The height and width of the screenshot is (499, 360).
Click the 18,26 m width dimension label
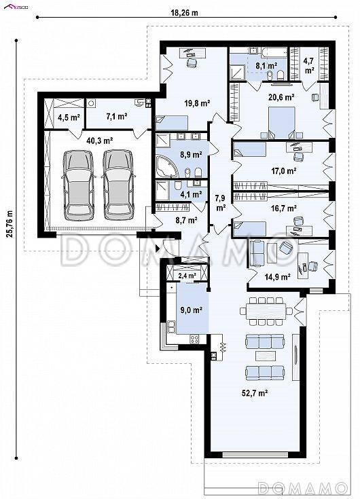point(184,13)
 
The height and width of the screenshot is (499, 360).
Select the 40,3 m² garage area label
point(100,141)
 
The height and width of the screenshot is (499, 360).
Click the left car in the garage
point(79,185)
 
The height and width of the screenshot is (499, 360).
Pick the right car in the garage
point(119,185)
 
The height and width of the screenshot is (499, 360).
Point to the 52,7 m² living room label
point(254,393)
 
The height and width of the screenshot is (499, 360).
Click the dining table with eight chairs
point(266,311)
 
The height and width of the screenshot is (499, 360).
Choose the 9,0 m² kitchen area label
point(192,310)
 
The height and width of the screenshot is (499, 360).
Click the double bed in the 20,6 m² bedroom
point(282,123)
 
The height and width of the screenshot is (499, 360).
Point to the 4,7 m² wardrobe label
point(309,66)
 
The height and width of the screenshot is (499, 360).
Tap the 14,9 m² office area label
point(277,277)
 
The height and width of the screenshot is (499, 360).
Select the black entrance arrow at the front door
point(157,248)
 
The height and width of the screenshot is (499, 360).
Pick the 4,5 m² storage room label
point(69,117)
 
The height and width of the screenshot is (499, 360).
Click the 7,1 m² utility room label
point(117,117)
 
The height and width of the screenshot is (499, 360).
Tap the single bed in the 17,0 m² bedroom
point(250,149)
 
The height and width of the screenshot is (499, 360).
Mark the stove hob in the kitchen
point(194,339)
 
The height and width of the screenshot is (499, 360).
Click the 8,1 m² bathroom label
point(266,66)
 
